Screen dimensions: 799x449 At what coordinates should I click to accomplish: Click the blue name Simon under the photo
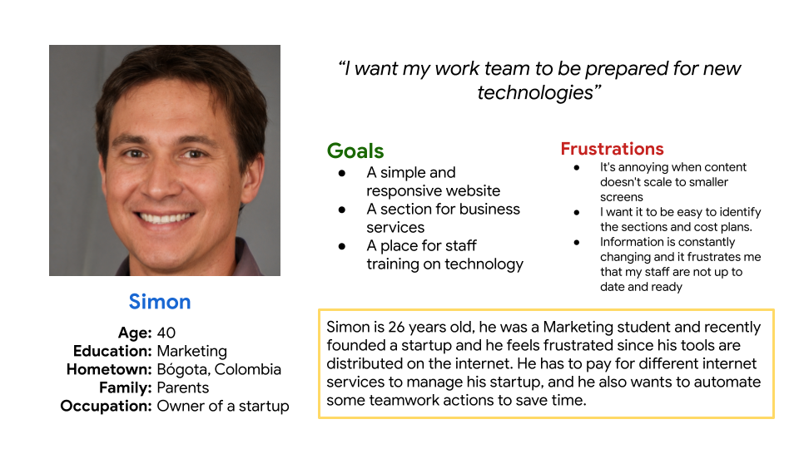[x=160, y=302]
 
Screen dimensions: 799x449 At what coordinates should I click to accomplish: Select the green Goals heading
[x=355, y=150]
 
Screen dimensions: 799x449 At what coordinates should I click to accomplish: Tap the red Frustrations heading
[x=612, y=149]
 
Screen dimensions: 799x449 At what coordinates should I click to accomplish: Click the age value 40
[x=166, y=333]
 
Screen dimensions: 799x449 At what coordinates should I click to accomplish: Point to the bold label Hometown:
[x=109, y=369]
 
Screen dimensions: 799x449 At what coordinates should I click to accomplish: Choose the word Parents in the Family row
[x=183, y=388]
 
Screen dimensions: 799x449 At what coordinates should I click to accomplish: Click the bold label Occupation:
[x=106, y=407]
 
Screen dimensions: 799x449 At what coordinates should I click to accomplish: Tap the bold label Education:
[x=112, y=351]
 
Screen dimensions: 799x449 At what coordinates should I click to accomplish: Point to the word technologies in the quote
[x=535, y=92]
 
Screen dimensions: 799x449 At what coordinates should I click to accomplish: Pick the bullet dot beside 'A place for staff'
[x=342, y=246]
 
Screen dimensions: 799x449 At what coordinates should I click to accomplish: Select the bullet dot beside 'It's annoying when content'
[x=577, y=167]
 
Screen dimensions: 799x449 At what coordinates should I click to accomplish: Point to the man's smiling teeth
[x=165, y=219]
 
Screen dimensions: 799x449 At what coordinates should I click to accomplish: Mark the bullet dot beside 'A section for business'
[x=342, y=210]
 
